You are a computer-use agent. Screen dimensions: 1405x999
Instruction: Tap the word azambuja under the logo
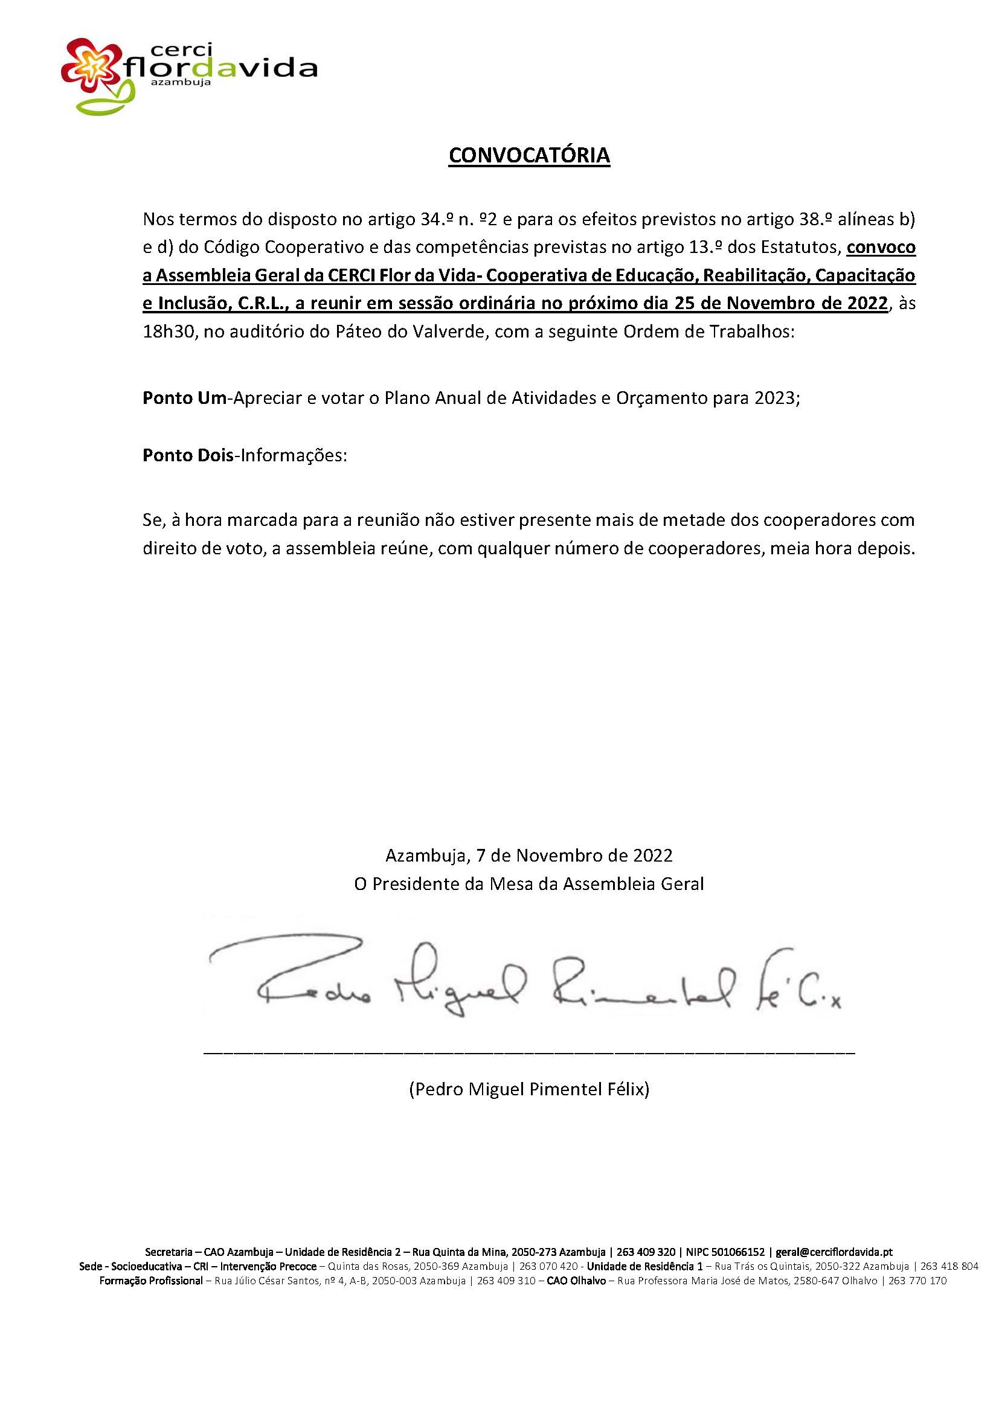[x=181, y=80]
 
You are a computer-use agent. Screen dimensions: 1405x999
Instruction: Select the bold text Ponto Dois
[x=188, y=456]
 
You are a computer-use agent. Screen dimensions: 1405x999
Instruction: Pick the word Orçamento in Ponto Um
[x=670, y=398]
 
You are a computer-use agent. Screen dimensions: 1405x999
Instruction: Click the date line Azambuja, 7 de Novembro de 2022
[x=529, y=856]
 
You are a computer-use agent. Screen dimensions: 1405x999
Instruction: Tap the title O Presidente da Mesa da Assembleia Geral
[x=529, y=883]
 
